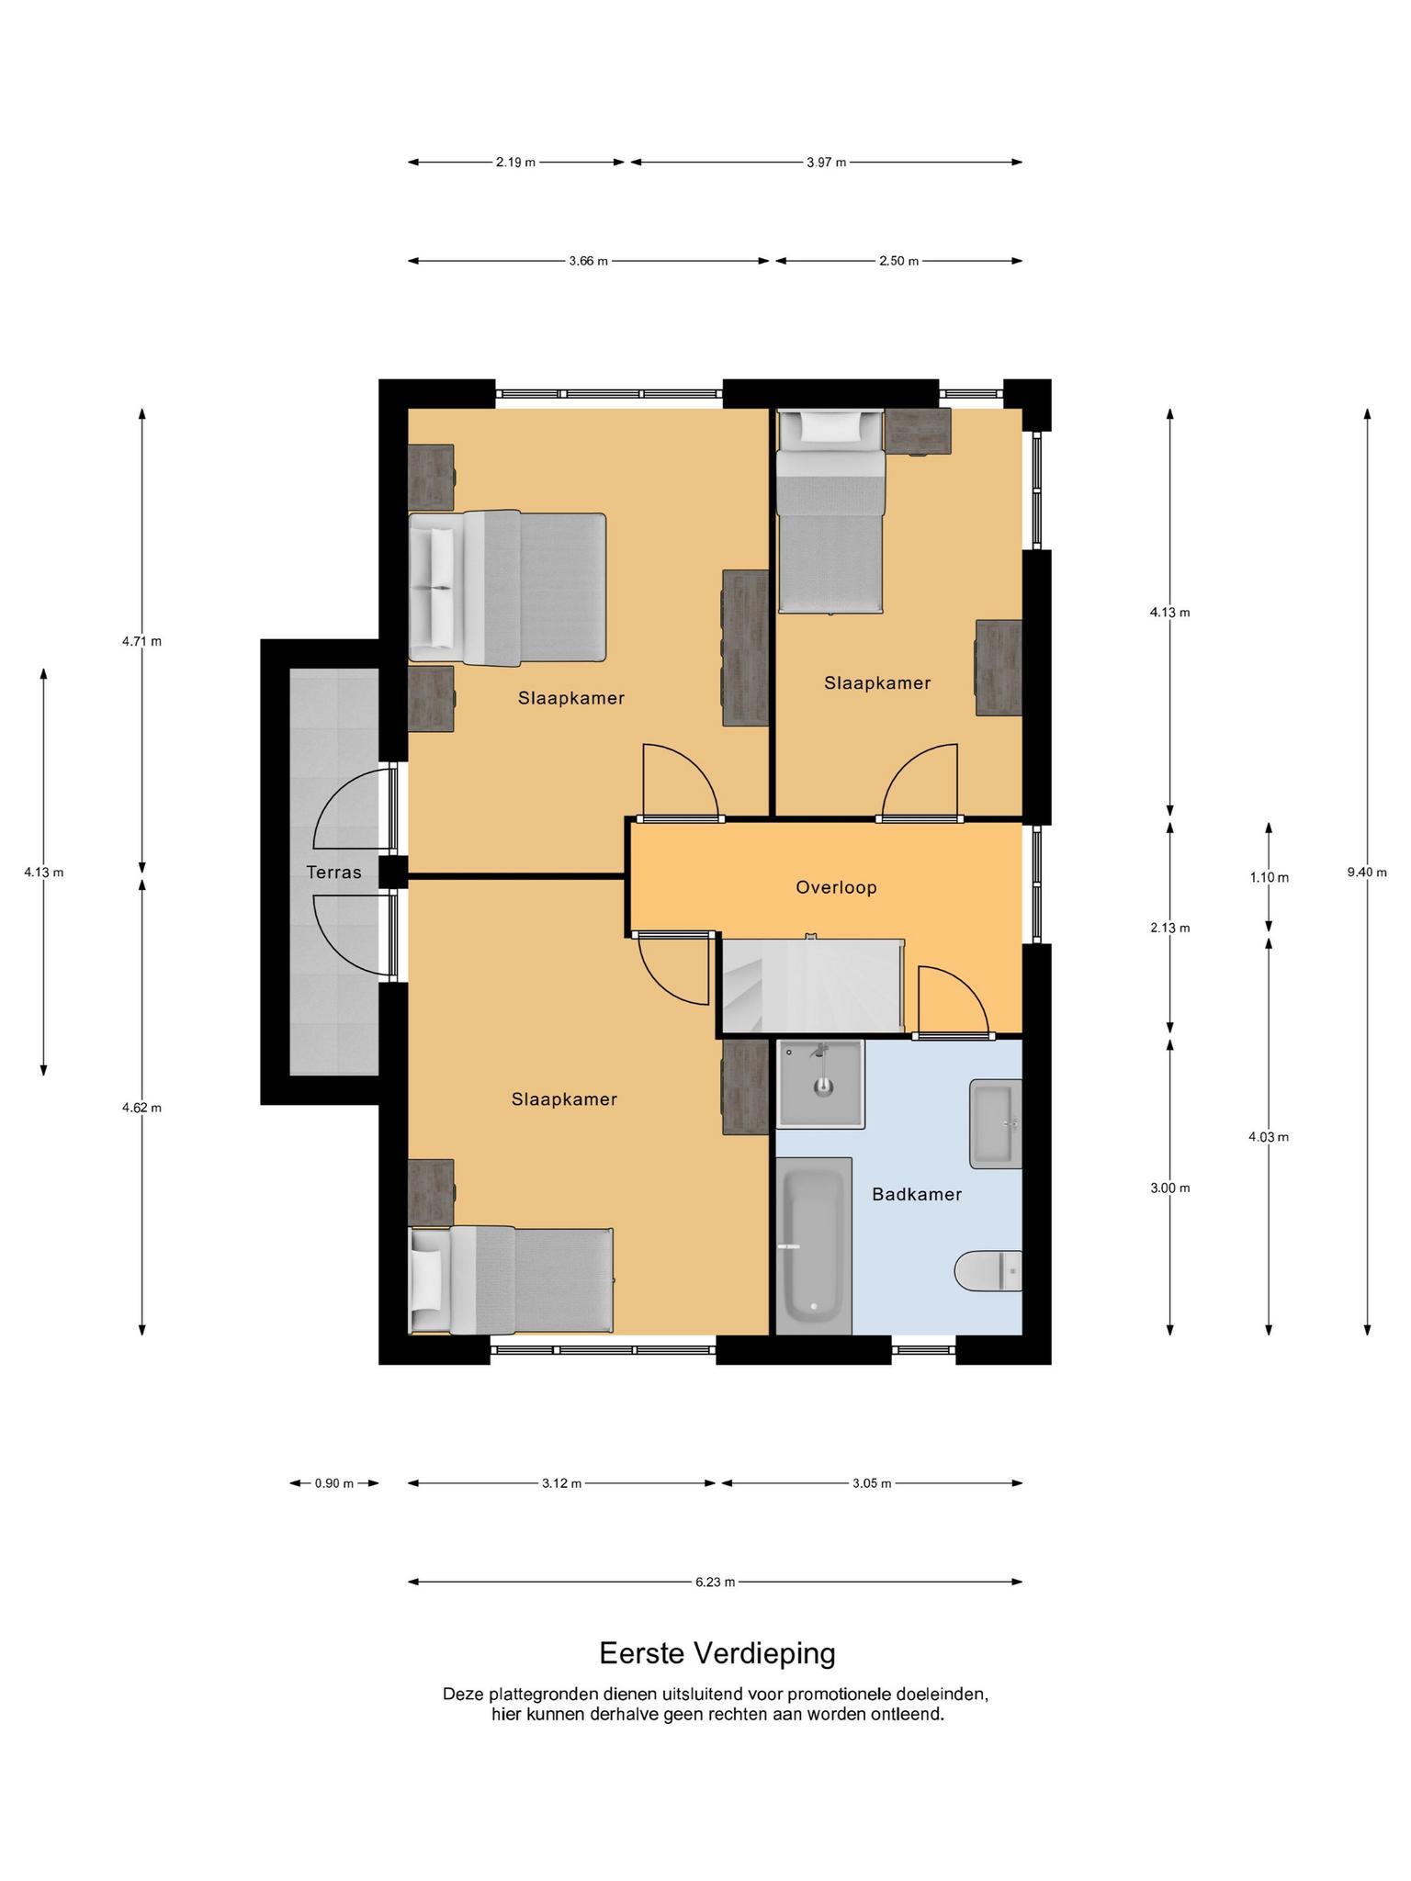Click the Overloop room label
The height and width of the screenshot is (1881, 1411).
(x=836, y=887)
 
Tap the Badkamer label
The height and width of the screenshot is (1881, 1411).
(x=917, y=1194)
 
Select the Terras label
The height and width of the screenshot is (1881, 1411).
(x=334, y=872)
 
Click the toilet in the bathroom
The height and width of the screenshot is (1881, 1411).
(x=988, y=1271)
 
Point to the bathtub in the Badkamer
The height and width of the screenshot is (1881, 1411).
(x=814, y=1245)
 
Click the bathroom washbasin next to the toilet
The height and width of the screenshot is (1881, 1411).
(x=996, y=1123)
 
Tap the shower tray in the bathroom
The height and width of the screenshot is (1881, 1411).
(x=820, y=1084)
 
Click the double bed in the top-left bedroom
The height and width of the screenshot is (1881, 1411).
(x=507, y=587)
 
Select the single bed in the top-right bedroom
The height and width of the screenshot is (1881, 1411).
(x=830, y=511)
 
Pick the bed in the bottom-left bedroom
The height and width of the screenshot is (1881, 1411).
(x=511, y=1280)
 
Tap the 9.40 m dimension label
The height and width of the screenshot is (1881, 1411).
(x=1367, y=872)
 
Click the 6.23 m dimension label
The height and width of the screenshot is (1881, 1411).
(x=715, y=1582)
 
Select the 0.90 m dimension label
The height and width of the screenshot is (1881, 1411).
(x=334, y=1482)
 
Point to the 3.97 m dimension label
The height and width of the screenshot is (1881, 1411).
(x=827, y=163)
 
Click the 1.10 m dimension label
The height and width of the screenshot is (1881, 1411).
(x=1269, y=877)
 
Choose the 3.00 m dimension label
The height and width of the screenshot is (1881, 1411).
(x=1169, y=1188)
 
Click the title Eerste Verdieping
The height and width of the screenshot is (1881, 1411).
(x=717, y=1653)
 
